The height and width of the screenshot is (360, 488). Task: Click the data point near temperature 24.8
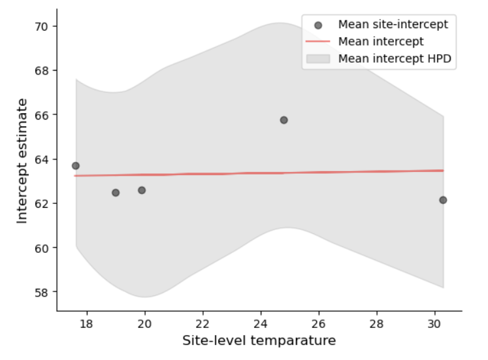(284, 120)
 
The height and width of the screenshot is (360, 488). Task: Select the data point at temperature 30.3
(443, 200)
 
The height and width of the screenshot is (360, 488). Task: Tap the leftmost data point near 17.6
(76, 165)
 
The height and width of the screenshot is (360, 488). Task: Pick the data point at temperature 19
(116, 193)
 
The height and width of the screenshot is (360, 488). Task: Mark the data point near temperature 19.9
(142, 190)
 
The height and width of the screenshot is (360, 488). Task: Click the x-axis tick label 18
(87, 323)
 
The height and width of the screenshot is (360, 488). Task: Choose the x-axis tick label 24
(261, 323)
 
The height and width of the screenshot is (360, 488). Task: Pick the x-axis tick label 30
(434, 323)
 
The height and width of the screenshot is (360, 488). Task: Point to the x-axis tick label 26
(319, 323)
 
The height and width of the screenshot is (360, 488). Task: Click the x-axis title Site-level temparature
(259, 341)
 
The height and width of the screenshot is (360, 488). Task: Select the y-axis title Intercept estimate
(23, 161)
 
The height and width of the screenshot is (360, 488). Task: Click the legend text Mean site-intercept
(393, 25)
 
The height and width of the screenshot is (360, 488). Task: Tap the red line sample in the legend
(317, 42)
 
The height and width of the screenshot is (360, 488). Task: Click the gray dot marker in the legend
(317, 25)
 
